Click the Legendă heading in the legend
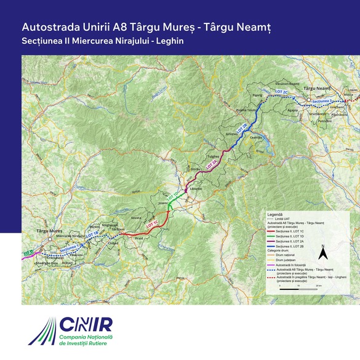(x=275, y=215)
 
